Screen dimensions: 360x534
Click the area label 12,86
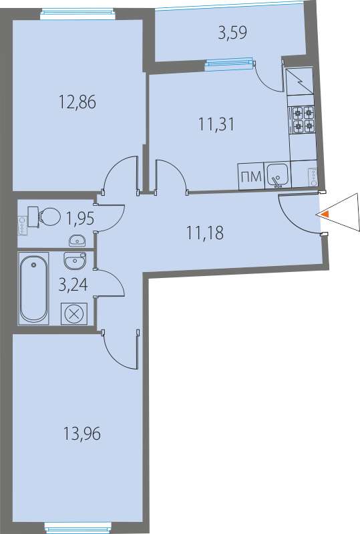tap(77, 102)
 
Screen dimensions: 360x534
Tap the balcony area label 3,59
tap(232, 33)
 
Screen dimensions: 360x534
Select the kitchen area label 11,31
tap(216, 124)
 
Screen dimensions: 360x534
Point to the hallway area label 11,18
tap(205, 233)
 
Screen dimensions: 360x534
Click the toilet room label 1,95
tap(80, 219)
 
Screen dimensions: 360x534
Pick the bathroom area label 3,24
tap(73, 285)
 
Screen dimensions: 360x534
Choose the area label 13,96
tap(82, 434)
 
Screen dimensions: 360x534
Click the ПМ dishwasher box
tap(251, 176)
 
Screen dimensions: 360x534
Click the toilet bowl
tap(44, 217)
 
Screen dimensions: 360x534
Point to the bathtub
tap(33, 288)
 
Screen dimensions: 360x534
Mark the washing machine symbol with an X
tap(74, 313)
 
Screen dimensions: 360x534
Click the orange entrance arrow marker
tap(325, 214)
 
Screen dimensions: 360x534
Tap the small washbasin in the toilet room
tap(77, 241)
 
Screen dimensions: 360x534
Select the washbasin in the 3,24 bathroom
tap(75, 261)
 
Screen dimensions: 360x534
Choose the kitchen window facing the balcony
tap(230, 64)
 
